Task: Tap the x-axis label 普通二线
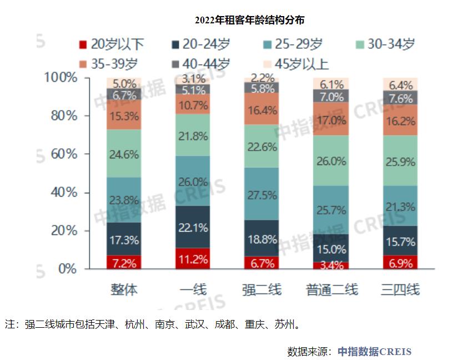pos(332,289)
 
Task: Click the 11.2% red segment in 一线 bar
pos(193,258)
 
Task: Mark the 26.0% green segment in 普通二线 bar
pos(332,161)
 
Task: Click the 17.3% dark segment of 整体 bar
pos(124,239)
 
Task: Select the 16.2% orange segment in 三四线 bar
pos(401,120)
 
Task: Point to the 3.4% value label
pos(332,264)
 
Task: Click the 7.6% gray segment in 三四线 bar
pos(401,98)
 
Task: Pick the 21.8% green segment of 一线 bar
pos(193,135)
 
